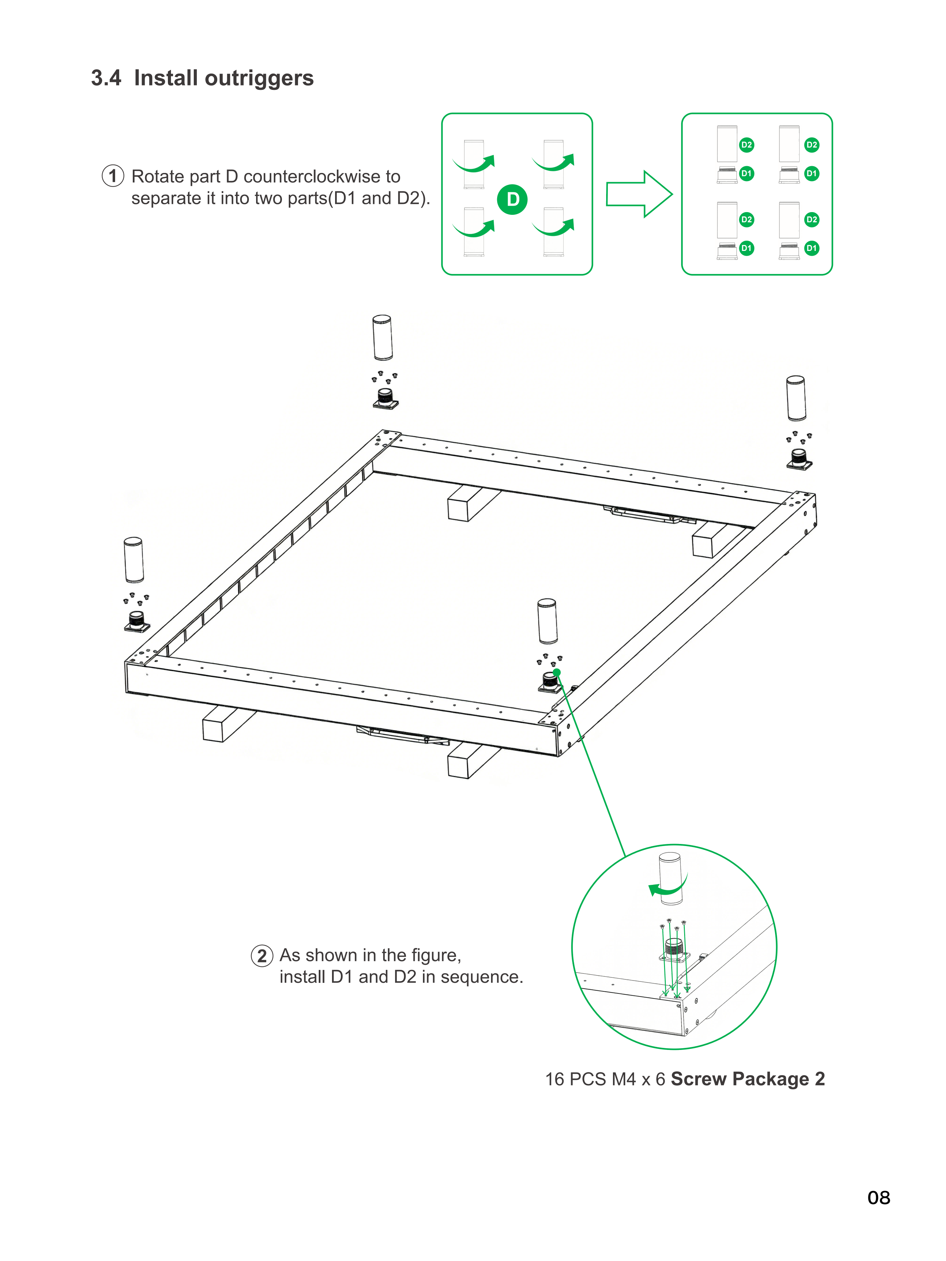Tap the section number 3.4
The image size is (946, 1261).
pyautogui.click(x=106, y=78)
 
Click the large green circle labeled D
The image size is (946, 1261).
pyautogui.click(x=513, y=199)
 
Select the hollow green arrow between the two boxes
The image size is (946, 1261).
pyautogui.click(x=639, y=194)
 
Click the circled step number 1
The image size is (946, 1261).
pyautogui.click(x=113, y=176)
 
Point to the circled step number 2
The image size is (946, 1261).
pyautogui.click(x=262, y=955)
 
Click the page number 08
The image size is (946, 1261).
pyautogui.click(x=879, y=1198)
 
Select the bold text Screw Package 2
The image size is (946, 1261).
pyautogui.click(x=747, y=1079)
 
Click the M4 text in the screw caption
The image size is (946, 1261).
pyautogui.click(x=624, y=1079)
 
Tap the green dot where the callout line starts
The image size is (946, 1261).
pyautogui.click(x=556, y=673)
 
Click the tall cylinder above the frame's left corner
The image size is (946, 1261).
pyautogui.click(x=133, y=560)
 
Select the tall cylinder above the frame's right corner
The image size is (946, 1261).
pyautogui.click(x=796, y=398)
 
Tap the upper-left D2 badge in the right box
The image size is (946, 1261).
pyautogui.click(x=746, y=145)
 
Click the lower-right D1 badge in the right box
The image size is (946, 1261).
pyautogui.click(x=812, y=248)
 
